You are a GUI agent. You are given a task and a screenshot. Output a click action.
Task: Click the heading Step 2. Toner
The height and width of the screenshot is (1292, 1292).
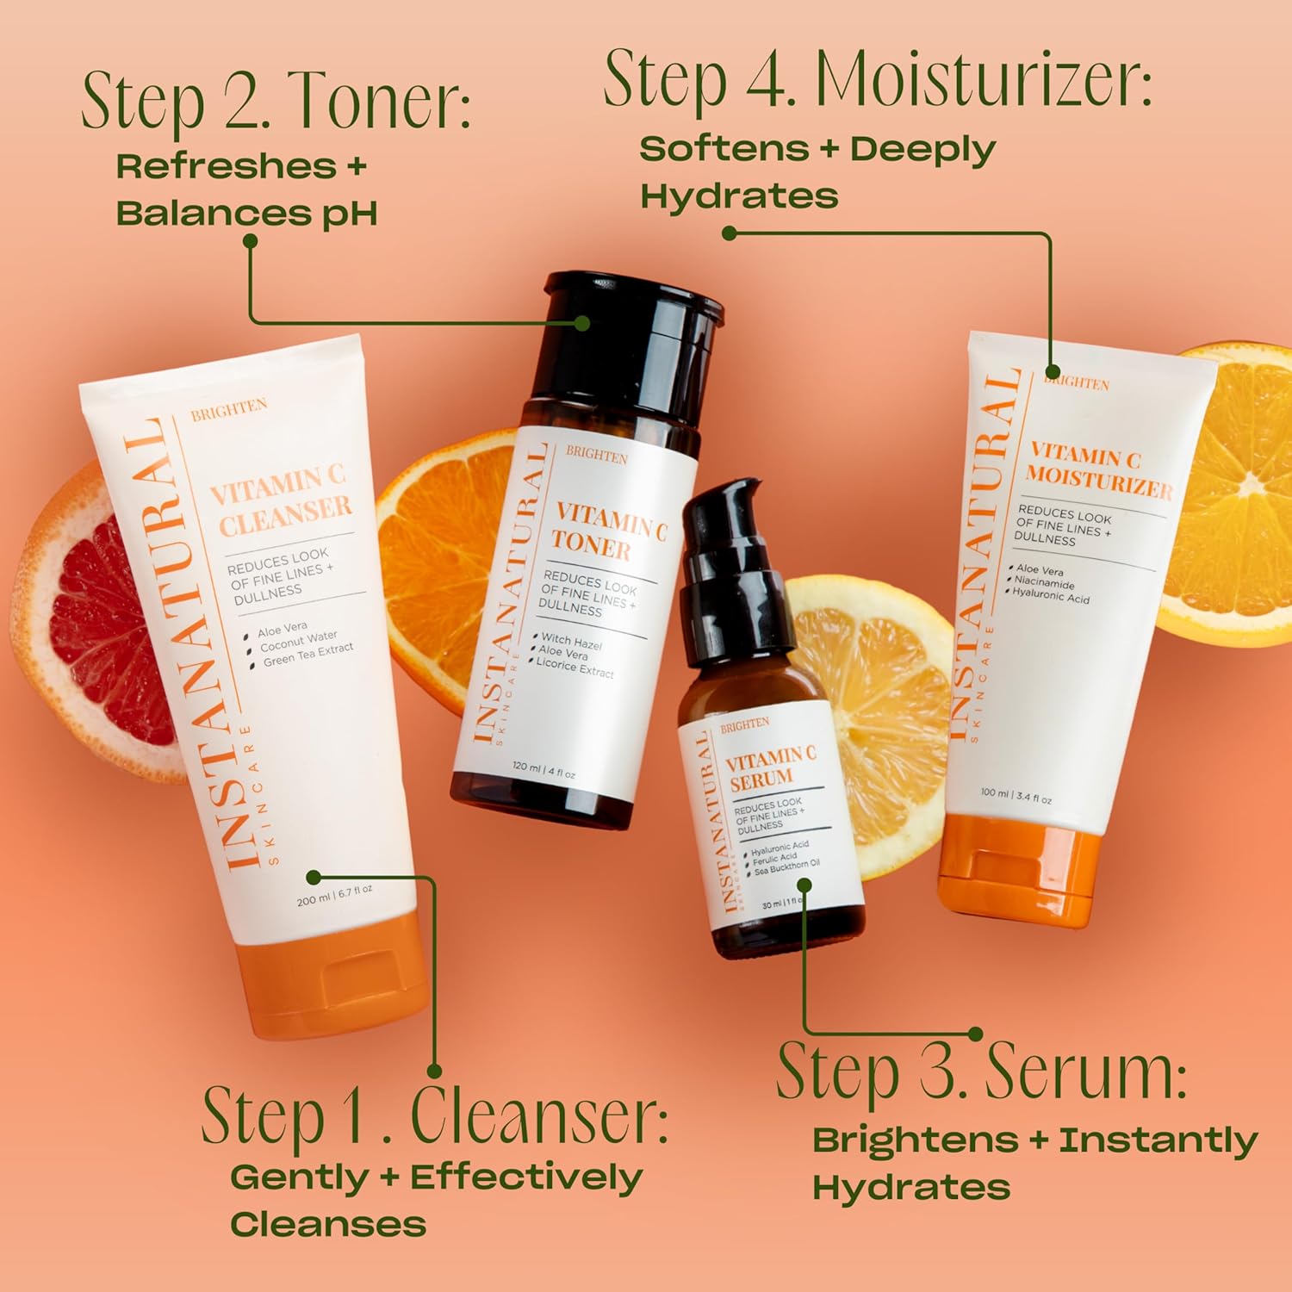[x=276, y=102]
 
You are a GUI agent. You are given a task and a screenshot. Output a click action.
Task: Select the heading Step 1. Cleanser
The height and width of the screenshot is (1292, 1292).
[x=435, y=1115]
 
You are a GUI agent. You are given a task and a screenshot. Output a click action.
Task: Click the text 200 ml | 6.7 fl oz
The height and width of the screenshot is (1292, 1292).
[x=334, y=895]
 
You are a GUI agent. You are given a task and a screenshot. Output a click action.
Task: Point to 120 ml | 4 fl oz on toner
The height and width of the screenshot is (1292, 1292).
[x=543, y=769]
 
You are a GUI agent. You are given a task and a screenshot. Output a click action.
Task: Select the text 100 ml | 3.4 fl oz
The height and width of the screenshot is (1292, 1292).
[x=1016, y=796]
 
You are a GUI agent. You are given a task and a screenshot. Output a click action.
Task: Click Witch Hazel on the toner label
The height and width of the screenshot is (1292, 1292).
[x=571, y=643]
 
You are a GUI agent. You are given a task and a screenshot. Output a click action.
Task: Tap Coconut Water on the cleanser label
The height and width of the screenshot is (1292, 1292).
[x=298, y=641]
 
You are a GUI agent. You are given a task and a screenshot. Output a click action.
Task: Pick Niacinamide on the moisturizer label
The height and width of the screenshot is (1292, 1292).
[x=1044, y=583]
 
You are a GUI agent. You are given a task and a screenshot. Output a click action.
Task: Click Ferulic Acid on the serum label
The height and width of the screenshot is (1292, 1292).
[x=774, y=859]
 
